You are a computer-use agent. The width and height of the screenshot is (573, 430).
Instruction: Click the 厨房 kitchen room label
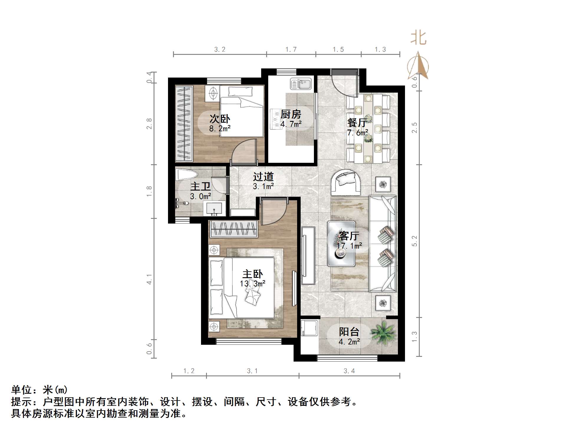(291, 114)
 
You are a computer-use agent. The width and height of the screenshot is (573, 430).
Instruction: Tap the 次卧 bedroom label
(220, 119)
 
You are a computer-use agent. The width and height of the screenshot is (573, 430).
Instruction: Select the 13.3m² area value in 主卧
(252, 284)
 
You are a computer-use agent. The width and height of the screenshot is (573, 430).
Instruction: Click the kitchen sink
(300, 84)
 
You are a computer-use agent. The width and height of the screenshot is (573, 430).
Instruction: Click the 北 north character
(418, 38)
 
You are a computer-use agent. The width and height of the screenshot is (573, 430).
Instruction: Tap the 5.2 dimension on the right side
(414, 241)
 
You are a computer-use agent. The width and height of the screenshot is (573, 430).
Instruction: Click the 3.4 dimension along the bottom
(349, 371)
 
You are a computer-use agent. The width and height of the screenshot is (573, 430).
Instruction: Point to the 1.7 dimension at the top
(291, 50)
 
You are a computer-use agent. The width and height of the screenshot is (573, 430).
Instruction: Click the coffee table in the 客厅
(342, 243)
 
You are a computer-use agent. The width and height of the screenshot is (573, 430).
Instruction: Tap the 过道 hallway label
(263, 177)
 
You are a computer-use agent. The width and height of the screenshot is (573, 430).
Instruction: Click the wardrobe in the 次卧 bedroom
(184, 123)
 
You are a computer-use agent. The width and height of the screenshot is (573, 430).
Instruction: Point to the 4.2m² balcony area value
(349, 342)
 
